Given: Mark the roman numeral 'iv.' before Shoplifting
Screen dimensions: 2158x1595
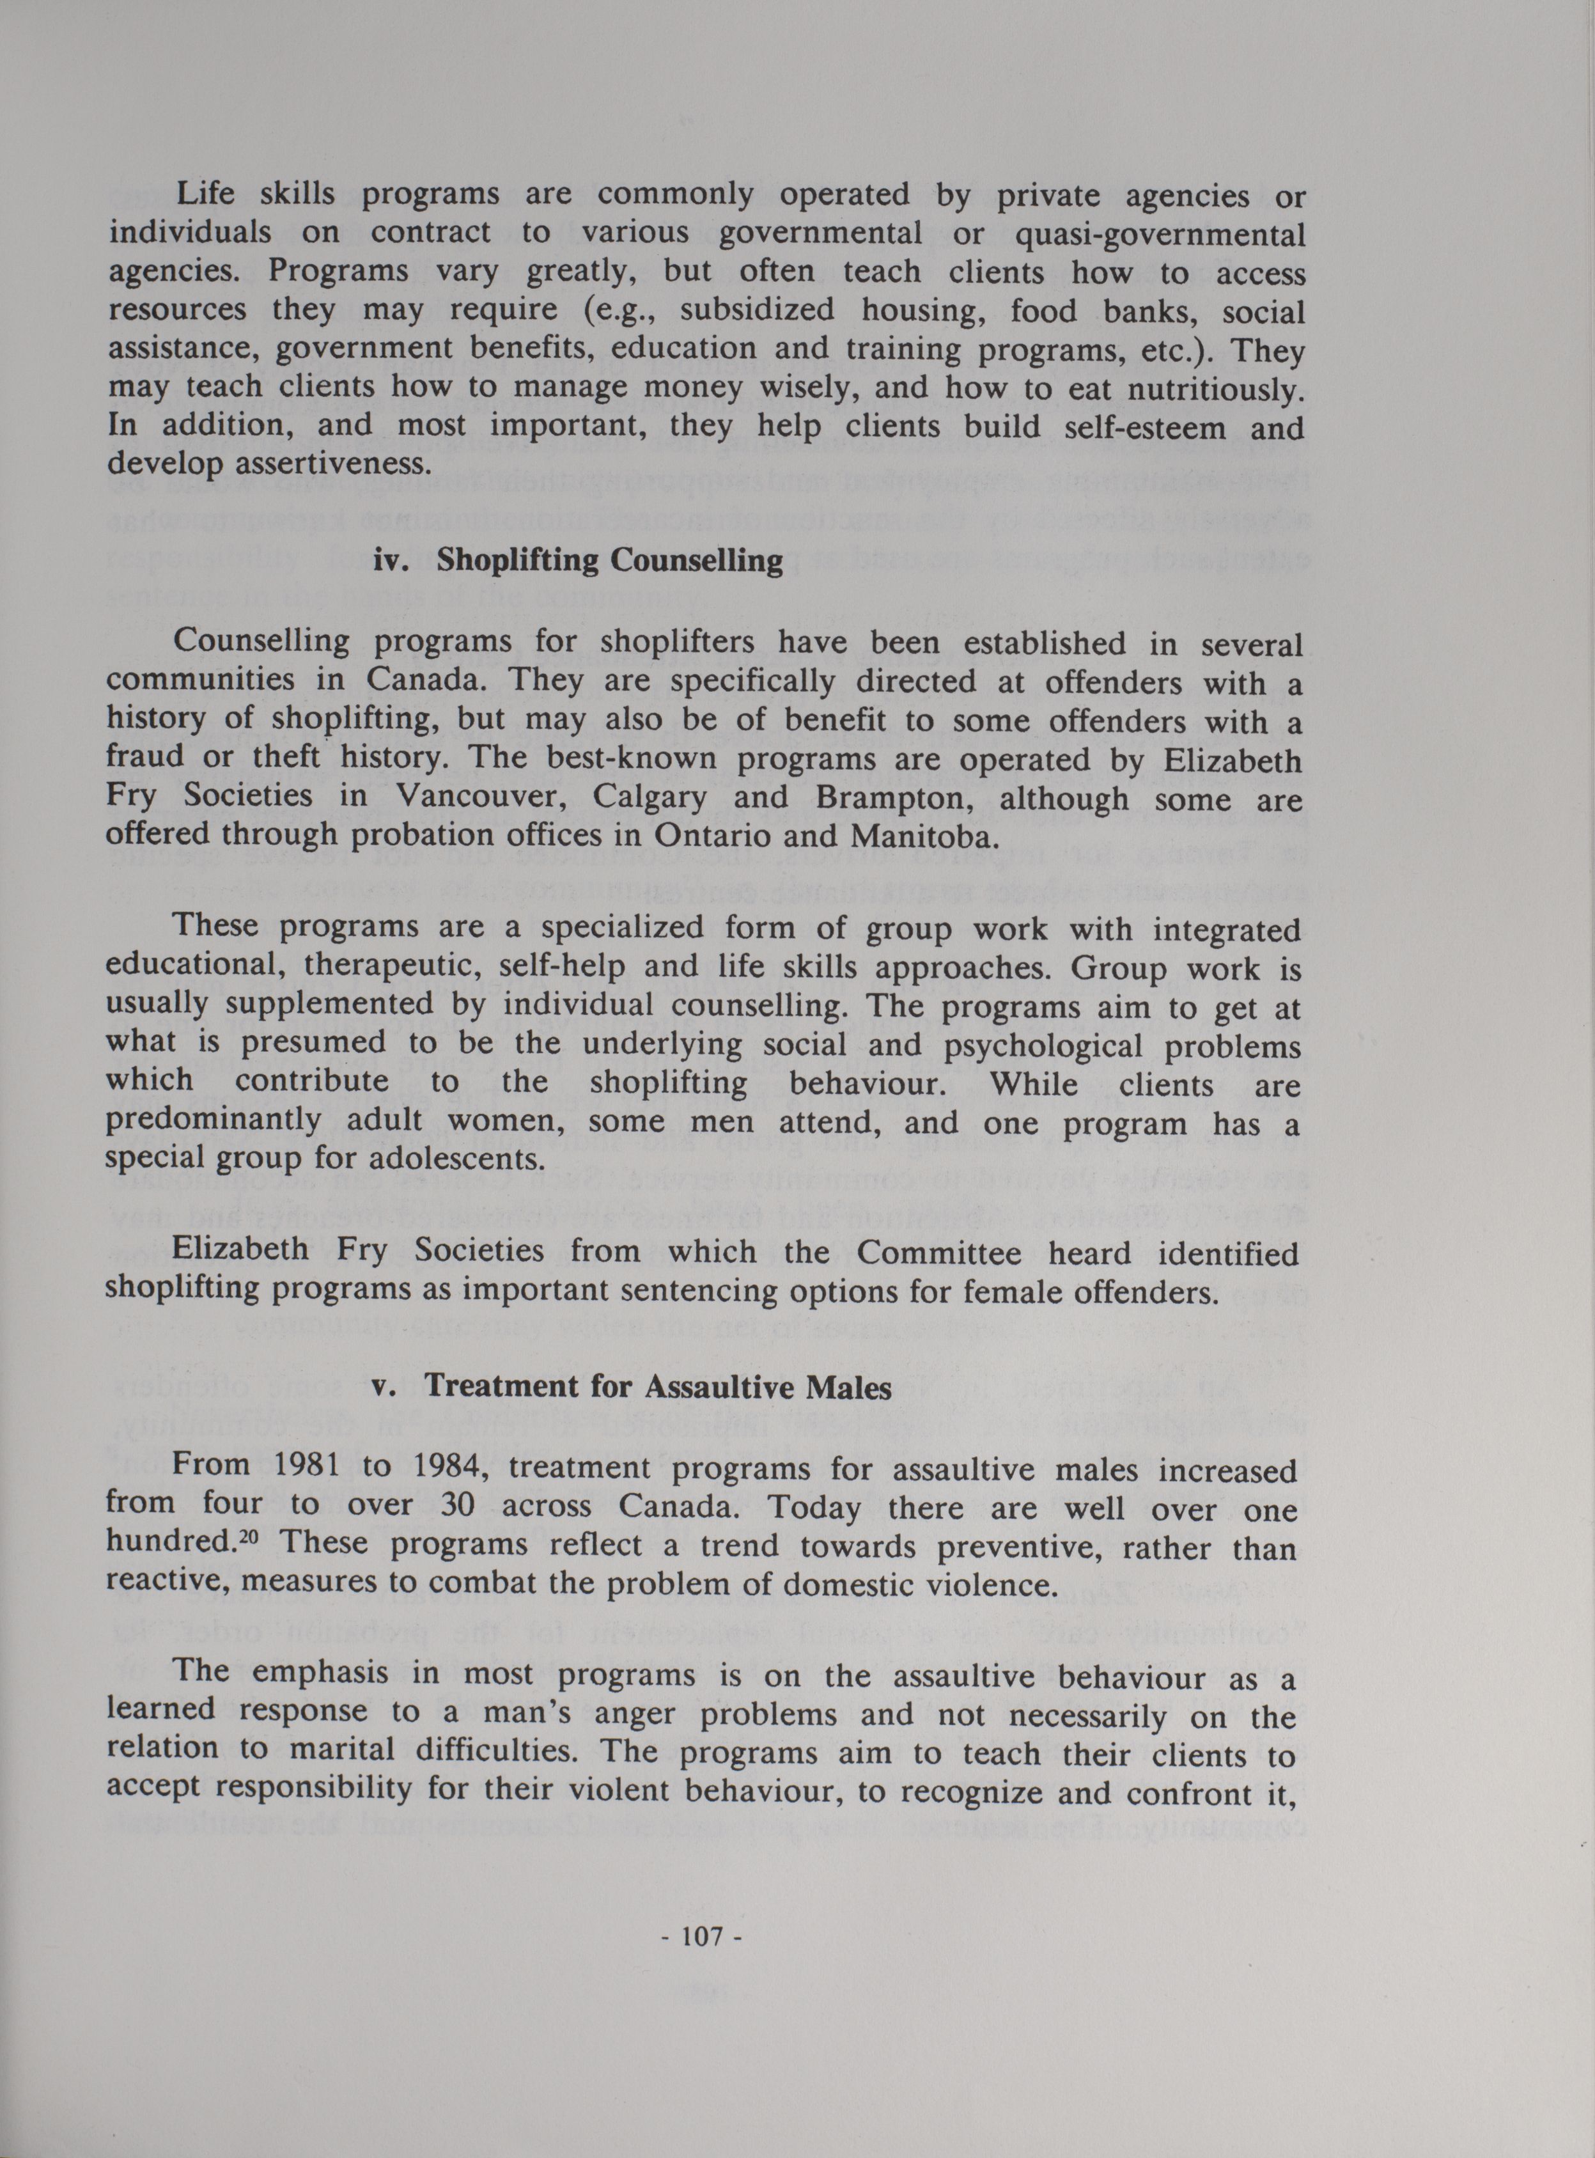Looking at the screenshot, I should [393, 561].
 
